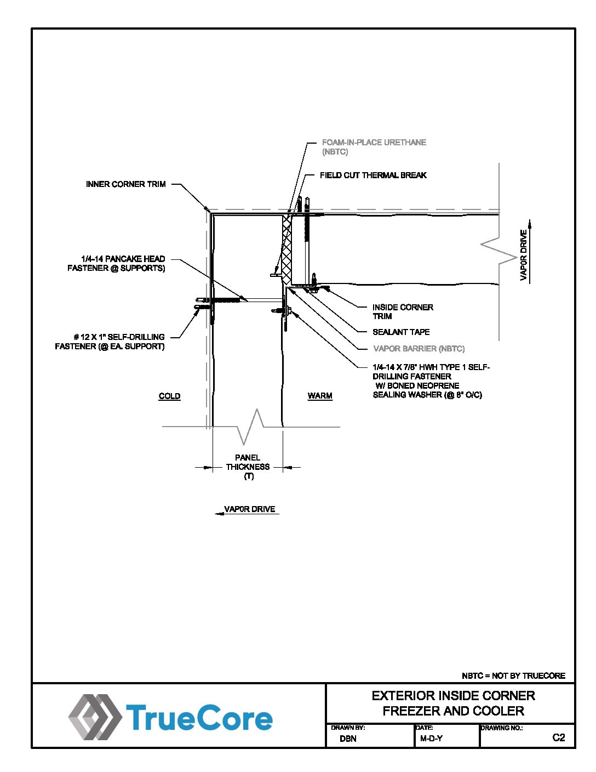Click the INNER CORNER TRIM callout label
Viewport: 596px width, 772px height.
125,184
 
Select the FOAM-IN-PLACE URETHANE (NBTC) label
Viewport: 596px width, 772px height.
374,146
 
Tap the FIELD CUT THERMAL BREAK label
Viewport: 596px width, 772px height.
373,175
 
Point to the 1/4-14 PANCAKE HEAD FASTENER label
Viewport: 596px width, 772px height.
117,263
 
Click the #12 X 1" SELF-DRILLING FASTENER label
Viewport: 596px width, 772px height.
110,342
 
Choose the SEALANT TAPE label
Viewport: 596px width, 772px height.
401,332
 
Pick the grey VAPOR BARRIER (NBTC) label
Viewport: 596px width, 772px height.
419,349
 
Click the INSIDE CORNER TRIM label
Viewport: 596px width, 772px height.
402,311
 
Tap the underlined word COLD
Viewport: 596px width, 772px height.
169,396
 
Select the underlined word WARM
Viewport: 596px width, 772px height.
320,396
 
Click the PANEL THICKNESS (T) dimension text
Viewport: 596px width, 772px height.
248,467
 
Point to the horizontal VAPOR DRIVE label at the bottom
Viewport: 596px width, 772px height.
250,509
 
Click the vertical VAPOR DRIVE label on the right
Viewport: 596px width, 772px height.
524,255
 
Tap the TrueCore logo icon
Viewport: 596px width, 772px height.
94,717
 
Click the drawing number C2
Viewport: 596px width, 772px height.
558,737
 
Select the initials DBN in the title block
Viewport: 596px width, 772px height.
348,739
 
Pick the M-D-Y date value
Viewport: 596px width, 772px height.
431,739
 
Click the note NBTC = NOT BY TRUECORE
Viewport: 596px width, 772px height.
513,675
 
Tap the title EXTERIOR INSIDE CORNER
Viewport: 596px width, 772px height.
453,696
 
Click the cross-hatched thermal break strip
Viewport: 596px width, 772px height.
286,247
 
